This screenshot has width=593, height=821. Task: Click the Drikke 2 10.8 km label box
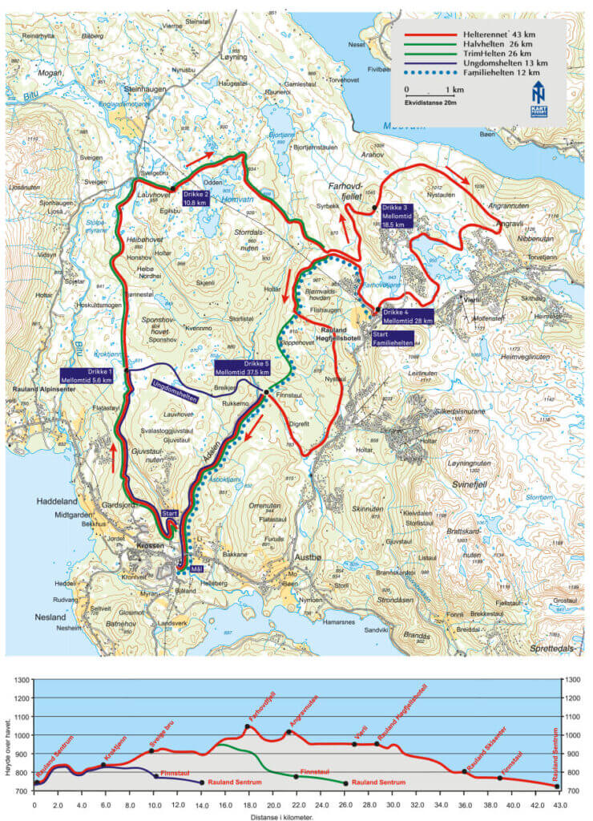(196, 198)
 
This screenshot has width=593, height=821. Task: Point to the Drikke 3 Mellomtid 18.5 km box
(396, 216)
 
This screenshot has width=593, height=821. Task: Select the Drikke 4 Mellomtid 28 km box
(406, 316)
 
